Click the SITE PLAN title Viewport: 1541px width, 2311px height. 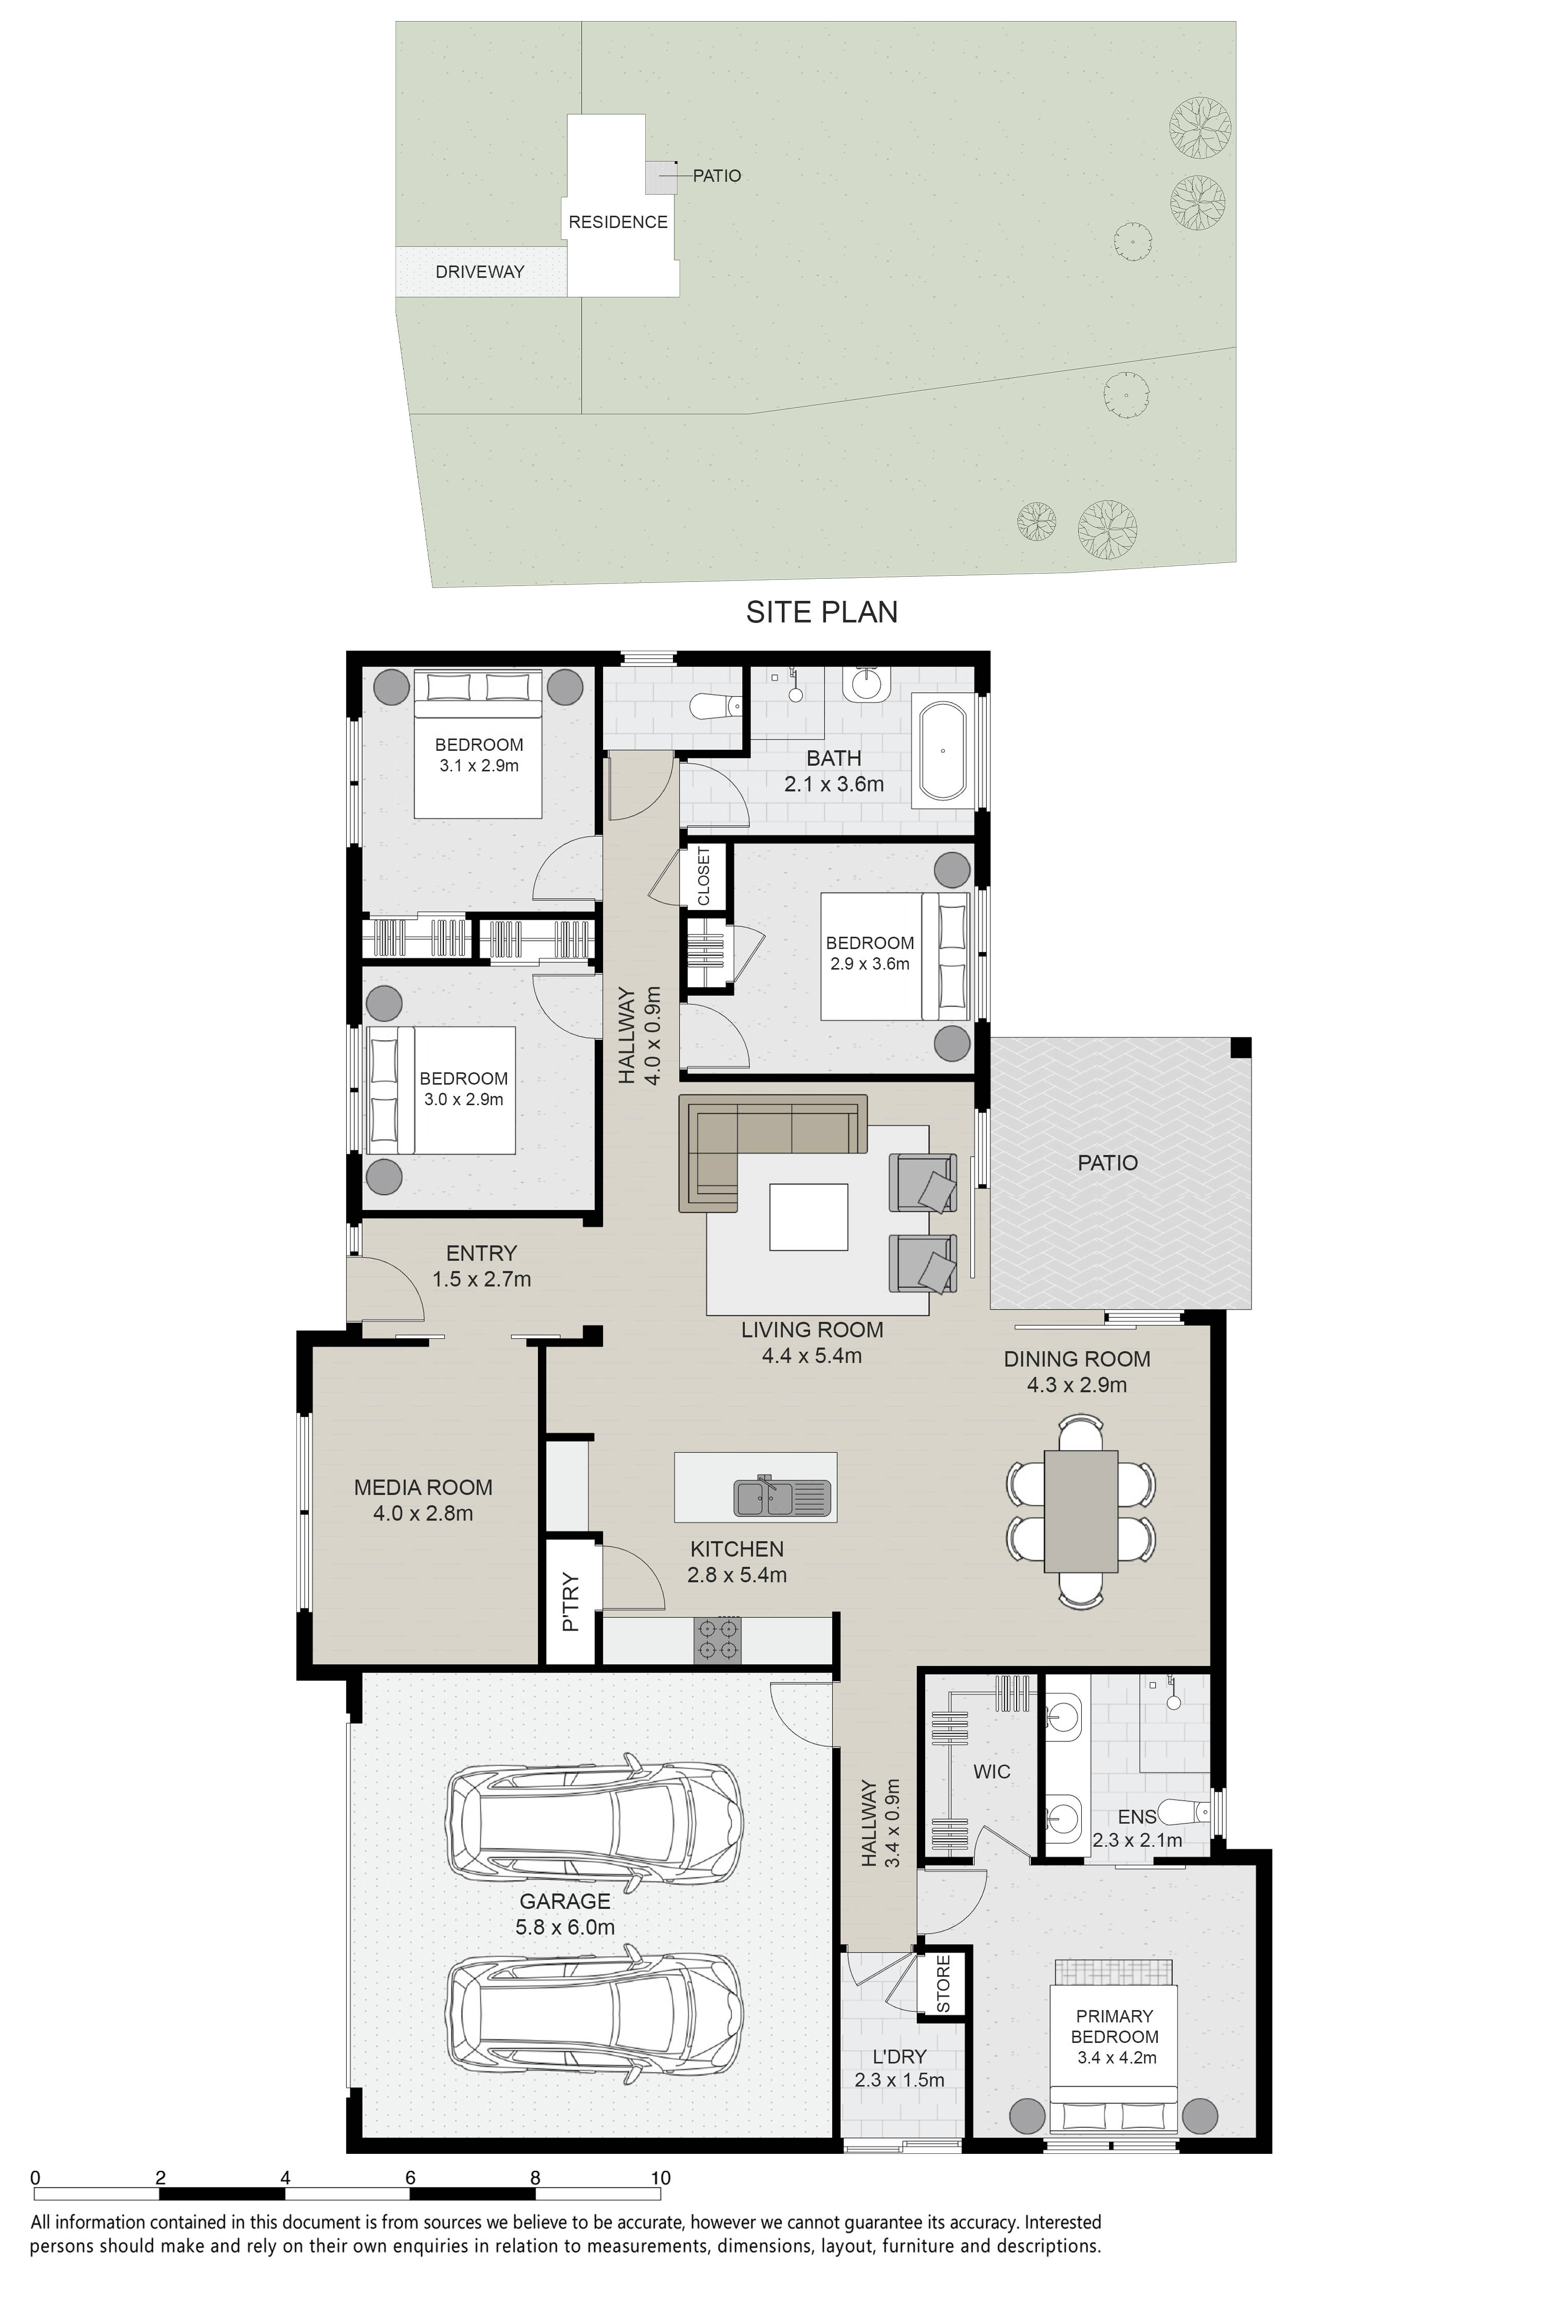coord(821,612)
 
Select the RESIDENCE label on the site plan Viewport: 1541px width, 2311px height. coord(618,222)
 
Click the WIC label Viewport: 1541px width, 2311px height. coord(991,1772)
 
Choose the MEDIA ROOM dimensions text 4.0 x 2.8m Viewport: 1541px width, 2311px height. coord(423,1513)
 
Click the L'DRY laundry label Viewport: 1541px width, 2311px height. coord(899,2056)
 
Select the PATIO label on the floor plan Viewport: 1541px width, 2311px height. coord(1107,1162)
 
